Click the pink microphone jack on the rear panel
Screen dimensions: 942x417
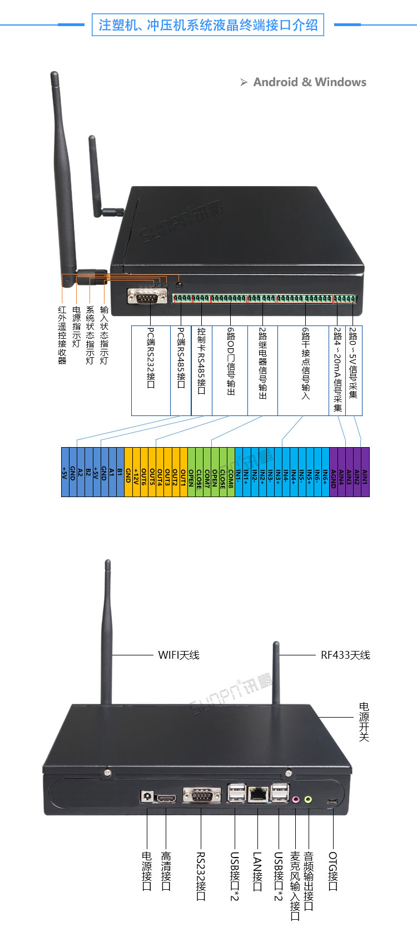coord(296,799)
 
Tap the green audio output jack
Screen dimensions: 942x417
coord(308,799)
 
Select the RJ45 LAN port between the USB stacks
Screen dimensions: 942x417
coord(257,794)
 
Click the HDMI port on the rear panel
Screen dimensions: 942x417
coord(166,798)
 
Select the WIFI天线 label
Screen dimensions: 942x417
coord(178,655)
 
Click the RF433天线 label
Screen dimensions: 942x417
coord(345,655)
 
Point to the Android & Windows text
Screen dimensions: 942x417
coord(310,82)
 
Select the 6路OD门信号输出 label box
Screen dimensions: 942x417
coord(230,370)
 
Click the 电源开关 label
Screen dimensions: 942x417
coord(364,721)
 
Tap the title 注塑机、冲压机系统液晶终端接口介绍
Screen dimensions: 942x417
coord(208,25)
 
